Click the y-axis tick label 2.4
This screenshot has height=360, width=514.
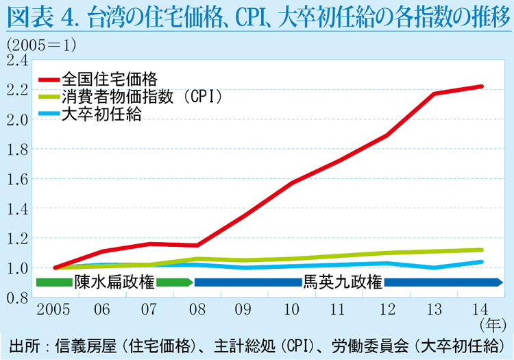coord(17,60)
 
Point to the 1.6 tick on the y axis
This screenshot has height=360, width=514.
coord(17,180)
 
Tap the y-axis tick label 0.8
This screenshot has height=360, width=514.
coord(17,298)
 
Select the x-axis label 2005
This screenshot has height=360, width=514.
coord(53,309)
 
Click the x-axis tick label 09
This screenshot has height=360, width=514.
coord(243,309)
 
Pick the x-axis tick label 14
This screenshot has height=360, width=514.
coord(480,309)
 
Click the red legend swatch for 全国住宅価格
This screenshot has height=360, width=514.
coord(49,80)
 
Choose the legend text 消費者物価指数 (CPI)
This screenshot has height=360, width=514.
coord(143,97)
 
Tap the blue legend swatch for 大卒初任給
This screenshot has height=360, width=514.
coord(49,114)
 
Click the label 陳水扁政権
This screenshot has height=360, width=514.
coord(114,282)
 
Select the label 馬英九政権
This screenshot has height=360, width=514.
coord(343,282)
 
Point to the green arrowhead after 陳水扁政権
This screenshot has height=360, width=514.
coord(190,283)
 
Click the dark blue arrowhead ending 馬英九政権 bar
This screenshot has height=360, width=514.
coord(499,283)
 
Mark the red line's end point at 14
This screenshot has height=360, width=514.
coord(481,86)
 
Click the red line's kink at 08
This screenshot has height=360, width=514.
coord(197,245)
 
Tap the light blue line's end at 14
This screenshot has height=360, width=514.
coord(481,262)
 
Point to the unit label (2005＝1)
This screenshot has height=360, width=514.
coord(41,45)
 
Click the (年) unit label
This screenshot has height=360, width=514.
coord(493,325)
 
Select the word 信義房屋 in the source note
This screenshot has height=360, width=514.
coord(86,346)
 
